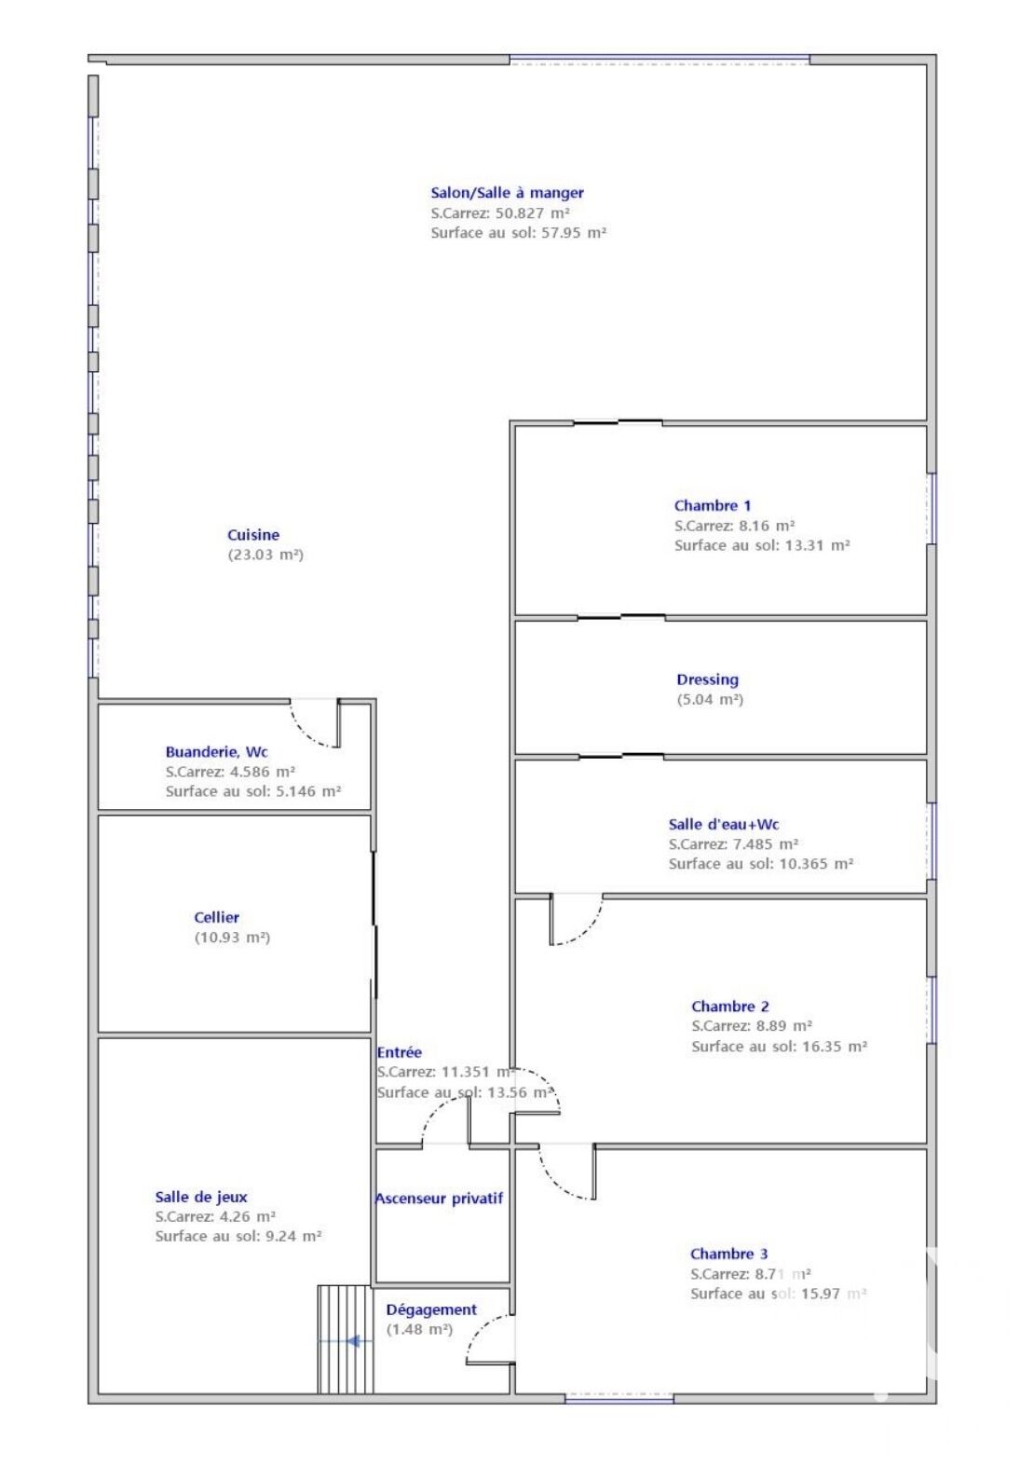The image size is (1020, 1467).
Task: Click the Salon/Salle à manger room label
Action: [507, 193]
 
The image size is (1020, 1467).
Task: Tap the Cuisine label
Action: [253, 534]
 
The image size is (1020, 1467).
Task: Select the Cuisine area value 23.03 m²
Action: [265, 555]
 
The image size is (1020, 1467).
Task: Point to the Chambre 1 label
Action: [713, 505]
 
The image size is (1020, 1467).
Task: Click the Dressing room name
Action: [707, 679]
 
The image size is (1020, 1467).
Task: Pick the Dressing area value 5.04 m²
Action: [710, 699]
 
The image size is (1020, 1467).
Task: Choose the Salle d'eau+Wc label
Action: [724, 825]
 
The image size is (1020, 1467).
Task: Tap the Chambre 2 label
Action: [730, 1007]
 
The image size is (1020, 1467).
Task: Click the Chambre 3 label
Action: [728, 1254]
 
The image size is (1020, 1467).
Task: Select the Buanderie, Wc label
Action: [217, 752]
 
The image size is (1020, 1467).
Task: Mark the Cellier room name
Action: [217, 917]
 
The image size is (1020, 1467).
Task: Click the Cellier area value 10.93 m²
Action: [233, 938]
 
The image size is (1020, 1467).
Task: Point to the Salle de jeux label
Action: [201, 1197]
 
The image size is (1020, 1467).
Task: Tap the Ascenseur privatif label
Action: [439, 1199]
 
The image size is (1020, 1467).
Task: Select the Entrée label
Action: [400, 1052]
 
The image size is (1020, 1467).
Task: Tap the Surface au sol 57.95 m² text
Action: [519, 232]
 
